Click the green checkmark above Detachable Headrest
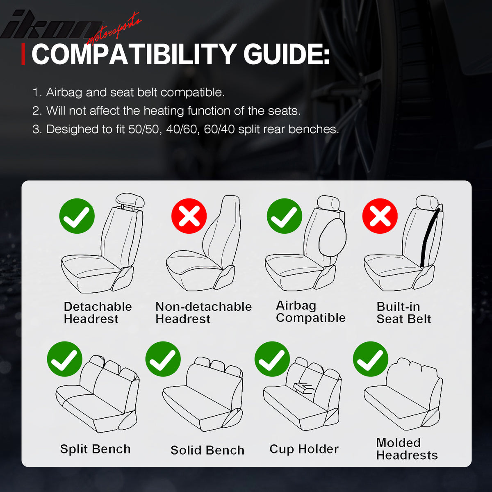tap(77, 216)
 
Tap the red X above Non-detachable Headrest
tap(189, 216)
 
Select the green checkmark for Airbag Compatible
tap(285, 216)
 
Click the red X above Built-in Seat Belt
tap(380, 216)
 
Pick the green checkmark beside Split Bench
tap(65, 359)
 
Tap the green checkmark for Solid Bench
tap(163, 359)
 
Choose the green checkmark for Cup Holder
tap(272, 359)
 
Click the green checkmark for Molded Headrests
tap(371, 359)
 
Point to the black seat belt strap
tap(429, 238)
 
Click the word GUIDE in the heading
tap(287, 55)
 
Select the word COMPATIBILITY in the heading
tap(133, 55)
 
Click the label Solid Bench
tap(207, 450)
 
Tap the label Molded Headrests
tap(407, 449)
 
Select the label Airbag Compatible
tap(310, 312)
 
